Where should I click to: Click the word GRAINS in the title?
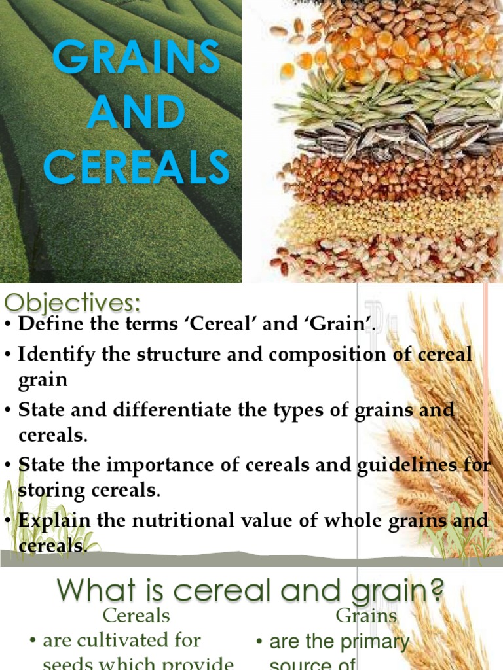pos(136,58)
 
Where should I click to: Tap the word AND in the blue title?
pos(136,113)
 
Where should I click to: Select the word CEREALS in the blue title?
pos(136,167)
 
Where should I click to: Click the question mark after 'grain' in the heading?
pos(434,591)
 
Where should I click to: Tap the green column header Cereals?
pos(136,616)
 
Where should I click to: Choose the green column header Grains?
pos(366,616)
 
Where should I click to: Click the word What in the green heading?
pos(95,591)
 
